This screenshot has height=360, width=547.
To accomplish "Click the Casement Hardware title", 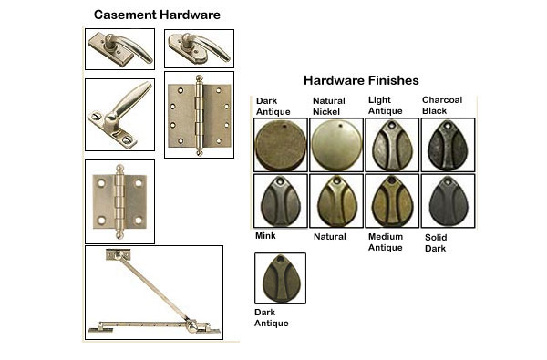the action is pyautogui.click(x=157, y=15).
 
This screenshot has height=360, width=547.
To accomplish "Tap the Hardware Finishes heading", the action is pyautogui.click(x=361, y=80).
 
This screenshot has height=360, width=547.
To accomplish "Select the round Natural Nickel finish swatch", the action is pyautogui.click(x=336, y=145).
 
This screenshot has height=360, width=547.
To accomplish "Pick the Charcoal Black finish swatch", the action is pyautogui.click(x=448, y=145).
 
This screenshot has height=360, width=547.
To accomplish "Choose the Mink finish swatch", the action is pyautogui.click(x=281, y=201).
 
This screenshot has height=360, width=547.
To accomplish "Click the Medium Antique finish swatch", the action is pyautogui.click(x=392, y=201).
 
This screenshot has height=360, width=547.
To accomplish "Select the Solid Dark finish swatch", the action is pyautogui.click(x=448, y=201).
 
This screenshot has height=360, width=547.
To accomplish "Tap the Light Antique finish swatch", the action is pyautogui.click(x=392, y=145).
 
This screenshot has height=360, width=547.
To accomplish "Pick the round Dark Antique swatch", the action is pyautogui.click(x=281, y=146).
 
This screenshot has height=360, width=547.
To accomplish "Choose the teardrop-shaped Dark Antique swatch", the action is pyautogui.click(x=281, y=279).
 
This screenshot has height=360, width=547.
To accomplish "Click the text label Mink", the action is pyautogui.click(x=265, y=236).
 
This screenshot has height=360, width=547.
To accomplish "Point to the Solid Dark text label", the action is pyautogui.click(x=436, y=242).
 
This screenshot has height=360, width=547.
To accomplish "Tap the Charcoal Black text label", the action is pyautogui.click(x=442, y=106).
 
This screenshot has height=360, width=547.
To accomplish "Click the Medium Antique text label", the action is pyautogui.click(x=386, y=242).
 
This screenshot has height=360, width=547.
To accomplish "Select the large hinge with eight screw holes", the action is pyautogui.click(x=199, y=116).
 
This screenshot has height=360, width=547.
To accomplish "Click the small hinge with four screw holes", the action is pyautogui.click(x=119, y=201).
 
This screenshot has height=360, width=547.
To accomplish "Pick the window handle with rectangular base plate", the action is pyautogui.click(x=119, y=49).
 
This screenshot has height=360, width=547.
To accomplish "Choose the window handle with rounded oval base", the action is pyautogui.click(x=199, y=48).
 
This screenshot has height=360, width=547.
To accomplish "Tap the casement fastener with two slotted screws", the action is pyautogui.click(x=119, y=115).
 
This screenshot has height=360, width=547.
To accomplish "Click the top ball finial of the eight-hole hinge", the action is pyautogui.click(x=199, y=78).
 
